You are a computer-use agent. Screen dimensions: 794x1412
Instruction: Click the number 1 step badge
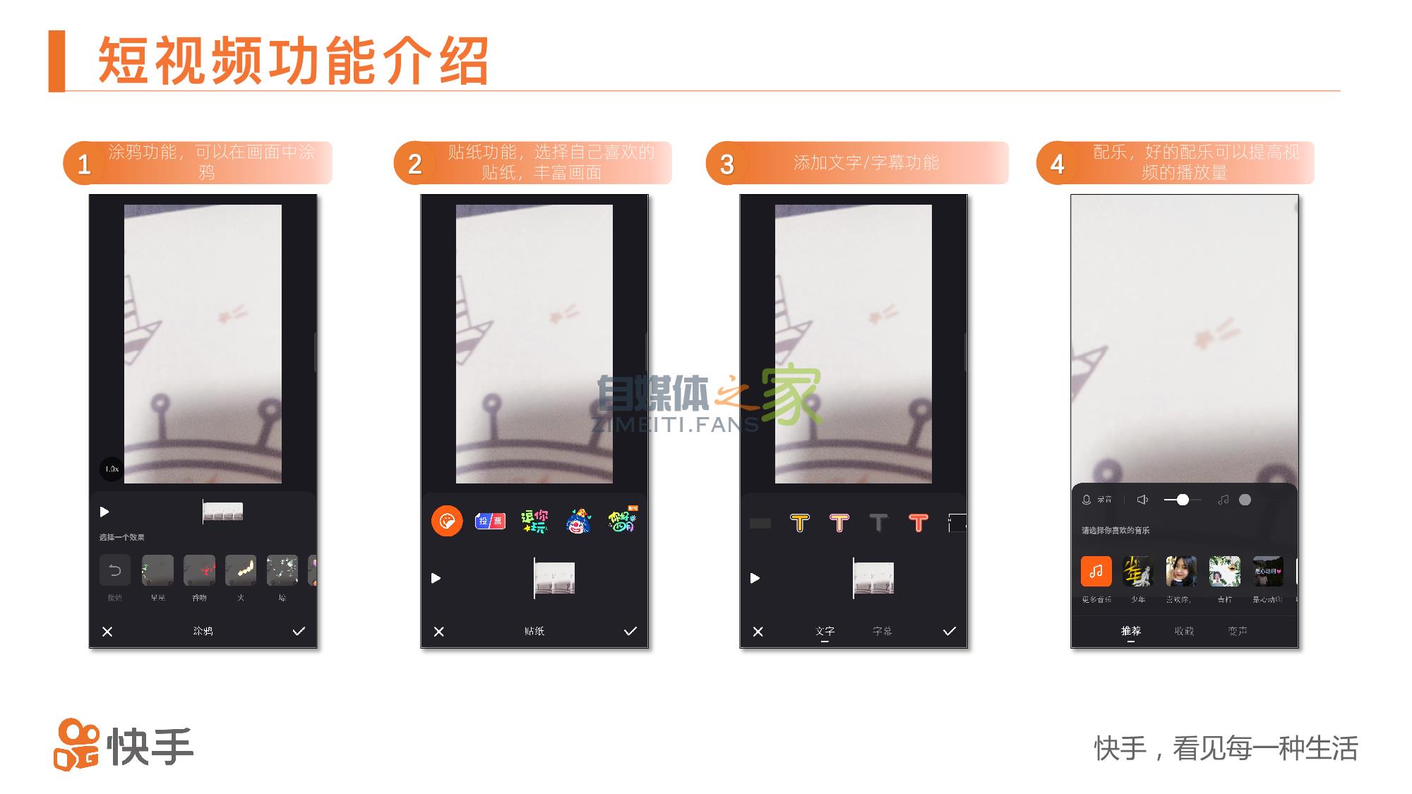pyautogui.click(x=84, y=164)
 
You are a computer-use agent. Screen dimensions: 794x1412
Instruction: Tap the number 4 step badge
pyautogui.click(x=1057, y=164)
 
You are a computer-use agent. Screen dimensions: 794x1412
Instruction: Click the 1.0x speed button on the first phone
pyautogui.click(x=112, y=469)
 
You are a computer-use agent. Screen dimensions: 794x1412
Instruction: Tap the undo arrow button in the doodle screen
pyautogui.click(x=115, y=570)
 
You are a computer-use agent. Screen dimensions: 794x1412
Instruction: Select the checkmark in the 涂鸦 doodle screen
pyautogui.click(x=299, y=631)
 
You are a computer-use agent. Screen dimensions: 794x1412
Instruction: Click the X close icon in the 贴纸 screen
pyautogui.click(x=439, y=631)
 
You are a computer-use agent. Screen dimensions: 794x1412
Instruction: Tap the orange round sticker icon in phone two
pyautogui.click(x=447, y=522)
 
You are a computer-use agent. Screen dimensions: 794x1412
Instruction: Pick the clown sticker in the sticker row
pyautogui.click(x=578, y=522)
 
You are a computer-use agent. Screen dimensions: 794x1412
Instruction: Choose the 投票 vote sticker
pyautogui.click(x=490, y=522)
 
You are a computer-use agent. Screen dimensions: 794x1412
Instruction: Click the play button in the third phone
pyautogui.click(x=755, y=578)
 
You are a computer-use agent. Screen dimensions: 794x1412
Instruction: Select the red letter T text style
pyautogui.click(x=918, y=523)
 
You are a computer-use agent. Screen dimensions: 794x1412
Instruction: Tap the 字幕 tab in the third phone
pyautogui.click(x=882, y=631)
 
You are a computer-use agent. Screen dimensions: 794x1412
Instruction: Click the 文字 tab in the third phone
pyautogui.click(x=825, y=631)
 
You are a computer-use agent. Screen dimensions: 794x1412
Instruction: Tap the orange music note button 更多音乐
pyautogui.click(x=1096, y=571)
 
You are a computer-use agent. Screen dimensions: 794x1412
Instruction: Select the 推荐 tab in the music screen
pyautogui.click(x=1130, y=631)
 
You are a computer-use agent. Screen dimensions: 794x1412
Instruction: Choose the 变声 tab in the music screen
pyautogui.click(x=1237, y=631)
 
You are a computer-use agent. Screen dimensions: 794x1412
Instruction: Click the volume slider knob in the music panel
pyautogui.click(x=1183, y=500)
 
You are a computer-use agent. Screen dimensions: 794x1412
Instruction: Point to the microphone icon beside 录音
pyautogui.click(x=1087, y=500)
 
